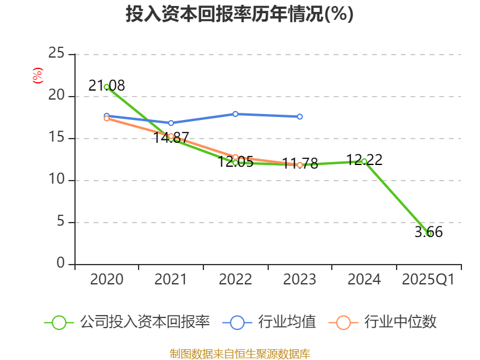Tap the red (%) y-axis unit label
37,76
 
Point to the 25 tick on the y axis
56,54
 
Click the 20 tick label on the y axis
56,96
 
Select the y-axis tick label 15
56,138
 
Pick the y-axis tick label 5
61,222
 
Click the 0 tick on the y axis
61,263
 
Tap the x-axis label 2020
107,280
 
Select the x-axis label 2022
235,280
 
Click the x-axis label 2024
364,280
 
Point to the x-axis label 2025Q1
428,280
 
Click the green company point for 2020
107,87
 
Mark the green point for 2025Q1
428,233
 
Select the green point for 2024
364,161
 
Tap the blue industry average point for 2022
235,114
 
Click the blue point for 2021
171,123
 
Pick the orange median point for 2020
107,118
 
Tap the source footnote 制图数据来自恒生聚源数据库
239,353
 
